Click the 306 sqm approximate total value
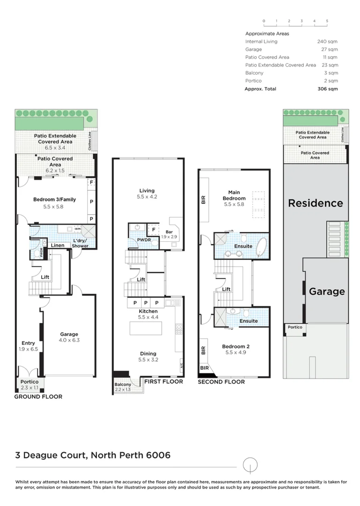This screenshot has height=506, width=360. point(328,89)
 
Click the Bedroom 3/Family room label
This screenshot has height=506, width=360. point(54,200)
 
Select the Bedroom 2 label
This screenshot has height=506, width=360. point(235,347)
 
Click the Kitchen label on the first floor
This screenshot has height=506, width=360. point(148,311)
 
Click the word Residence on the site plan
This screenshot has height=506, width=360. point(315,203)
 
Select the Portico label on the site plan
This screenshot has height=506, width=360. point(295,327)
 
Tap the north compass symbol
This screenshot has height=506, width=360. point(251,466)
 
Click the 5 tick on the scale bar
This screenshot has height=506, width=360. point(327,21)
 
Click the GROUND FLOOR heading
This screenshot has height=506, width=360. point(38,396)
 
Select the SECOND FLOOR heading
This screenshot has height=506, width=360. point(221,382)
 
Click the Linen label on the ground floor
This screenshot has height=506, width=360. point(58,246)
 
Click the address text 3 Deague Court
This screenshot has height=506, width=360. point(51,455)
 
